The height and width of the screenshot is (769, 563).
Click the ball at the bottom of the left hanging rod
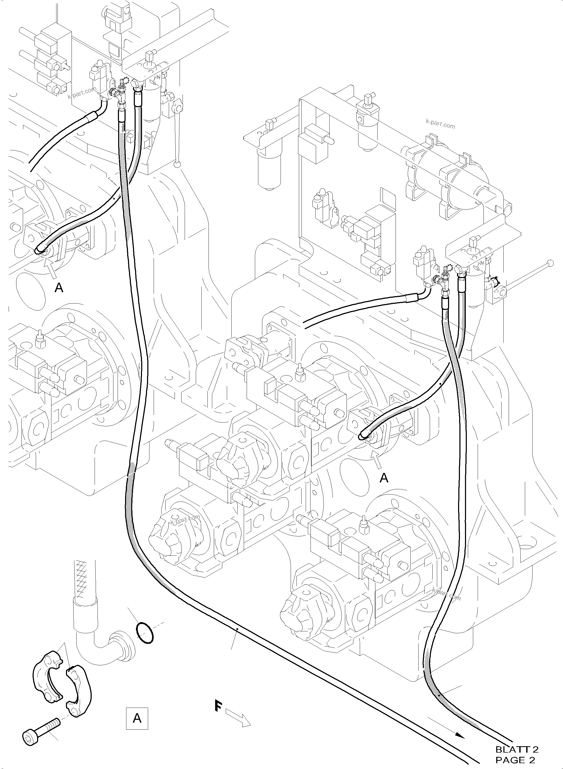(177, 165)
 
